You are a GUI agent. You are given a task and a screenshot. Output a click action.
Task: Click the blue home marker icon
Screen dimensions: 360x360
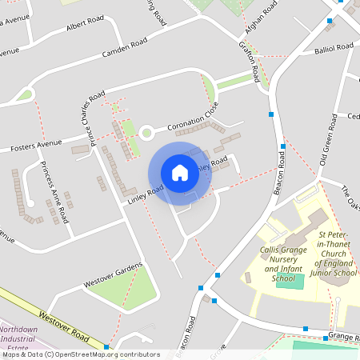pyautogui.click(x=180, y=173)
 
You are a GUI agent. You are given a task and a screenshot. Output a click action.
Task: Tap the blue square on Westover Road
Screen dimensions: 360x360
pyautogui.click(x=106, y=347)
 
